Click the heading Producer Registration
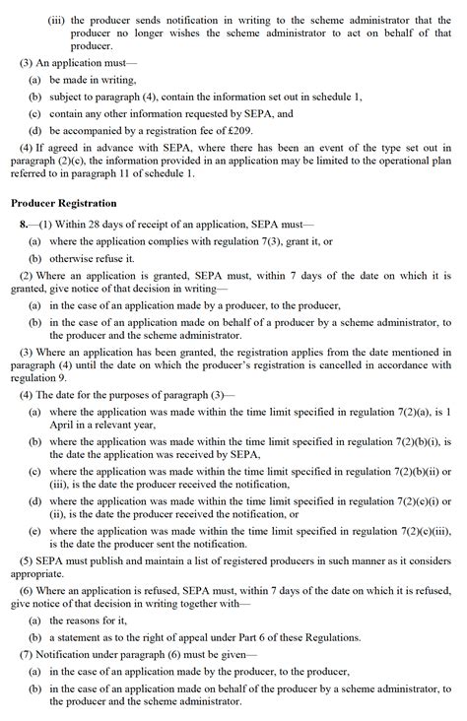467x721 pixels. click(x=66, y=203)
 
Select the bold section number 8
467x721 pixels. click(x=25, y=225)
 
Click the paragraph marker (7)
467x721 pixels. click(x=26, y=653)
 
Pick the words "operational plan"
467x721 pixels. click(x=413, y=162)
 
